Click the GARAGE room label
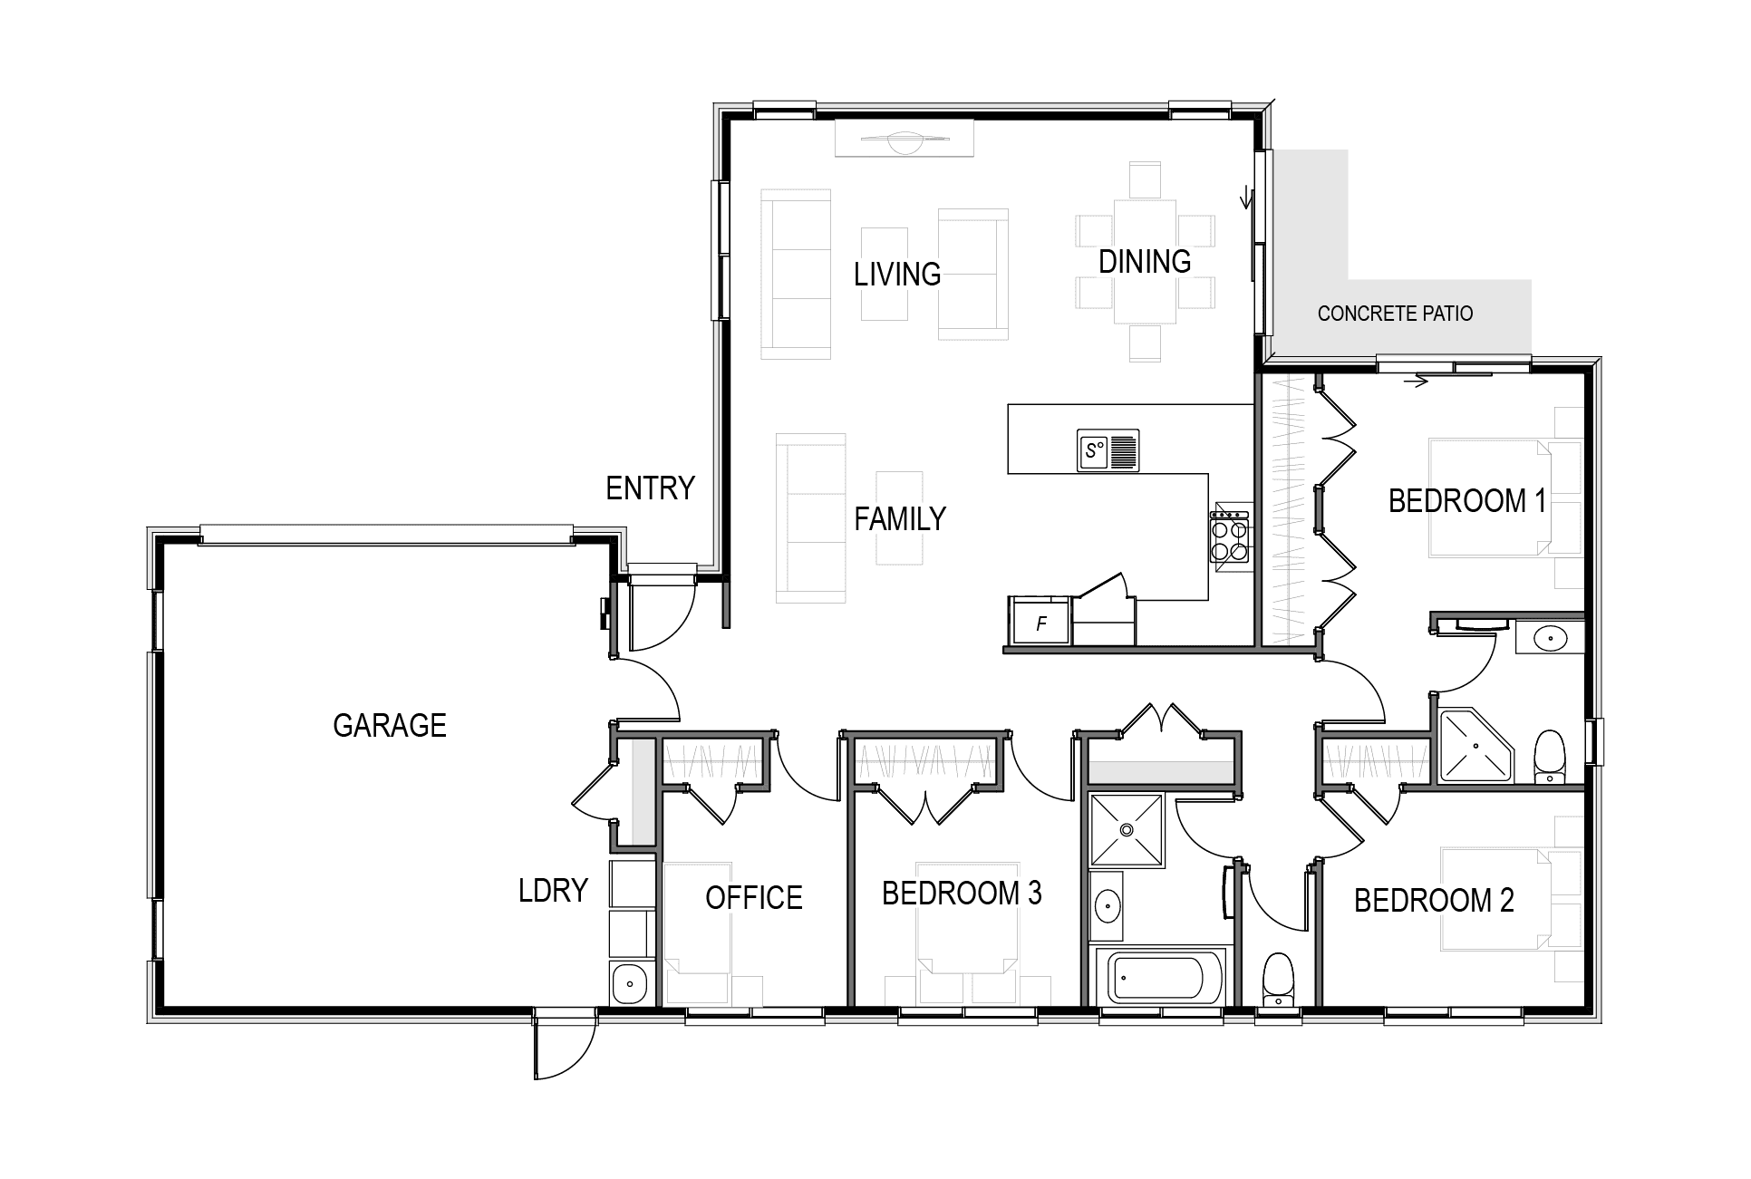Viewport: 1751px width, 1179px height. (390, 726)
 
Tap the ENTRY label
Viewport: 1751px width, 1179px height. (650, 489)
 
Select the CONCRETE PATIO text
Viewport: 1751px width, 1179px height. (1395, 314)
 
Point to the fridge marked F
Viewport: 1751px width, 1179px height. (1041, 623)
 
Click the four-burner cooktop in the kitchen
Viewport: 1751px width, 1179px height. (1230, 538)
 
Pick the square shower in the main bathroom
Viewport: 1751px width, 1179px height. (1127, 829)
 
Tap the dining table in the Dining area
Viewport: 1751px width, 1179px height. (1145, 261)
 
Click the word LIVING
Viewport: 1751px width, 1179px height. (897, 274)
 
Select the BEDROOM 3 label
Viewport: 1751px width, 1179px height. (962, 894)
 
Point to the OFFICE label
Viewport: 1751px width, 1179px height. (754, 898)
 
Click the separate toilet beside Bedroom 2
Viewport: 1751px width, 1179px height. (1278, 980)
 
